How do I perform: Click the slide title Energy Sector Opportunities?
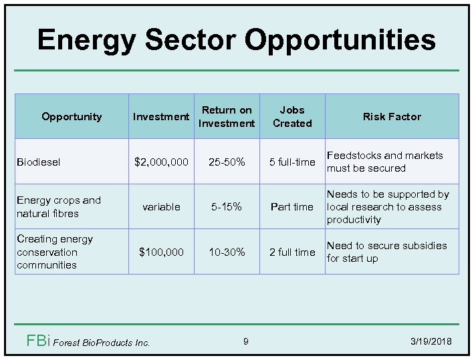coord(237,39)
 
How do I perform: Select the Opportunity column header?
coord(72,116)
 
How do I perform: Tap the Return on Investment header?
coord(227,116)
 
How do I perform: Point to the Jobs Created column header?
coord(292,116)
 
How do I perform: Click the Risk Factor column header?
coord(392,116)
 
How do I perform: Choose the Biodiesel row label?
coord(39,162)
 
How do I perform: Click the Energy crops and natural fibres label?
coord(59,207)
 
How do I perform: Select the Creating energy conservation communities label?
coord(55,252)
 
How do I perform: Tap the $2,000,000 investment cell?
coord(161,162)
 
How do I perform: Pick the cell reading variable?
coord(161,207)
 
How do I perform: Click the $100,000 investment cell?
coord(161,252)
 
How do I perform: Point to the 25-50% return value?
coord(227,162)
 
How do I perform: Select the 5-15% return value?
coord(227,207)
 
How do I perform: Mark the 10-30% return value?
coord(227,252)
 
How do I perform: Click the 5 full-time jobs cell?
coord(292,162)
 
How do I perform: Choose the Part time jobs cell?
coord(292,207)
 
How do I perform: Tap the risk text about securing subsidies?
coord(386,252)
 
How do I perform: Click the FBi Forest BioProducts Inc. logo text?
coord(88,342)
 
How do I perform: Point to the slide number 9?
coord(245,342)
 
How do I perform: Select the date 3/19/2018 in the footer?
coord(431,342)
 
